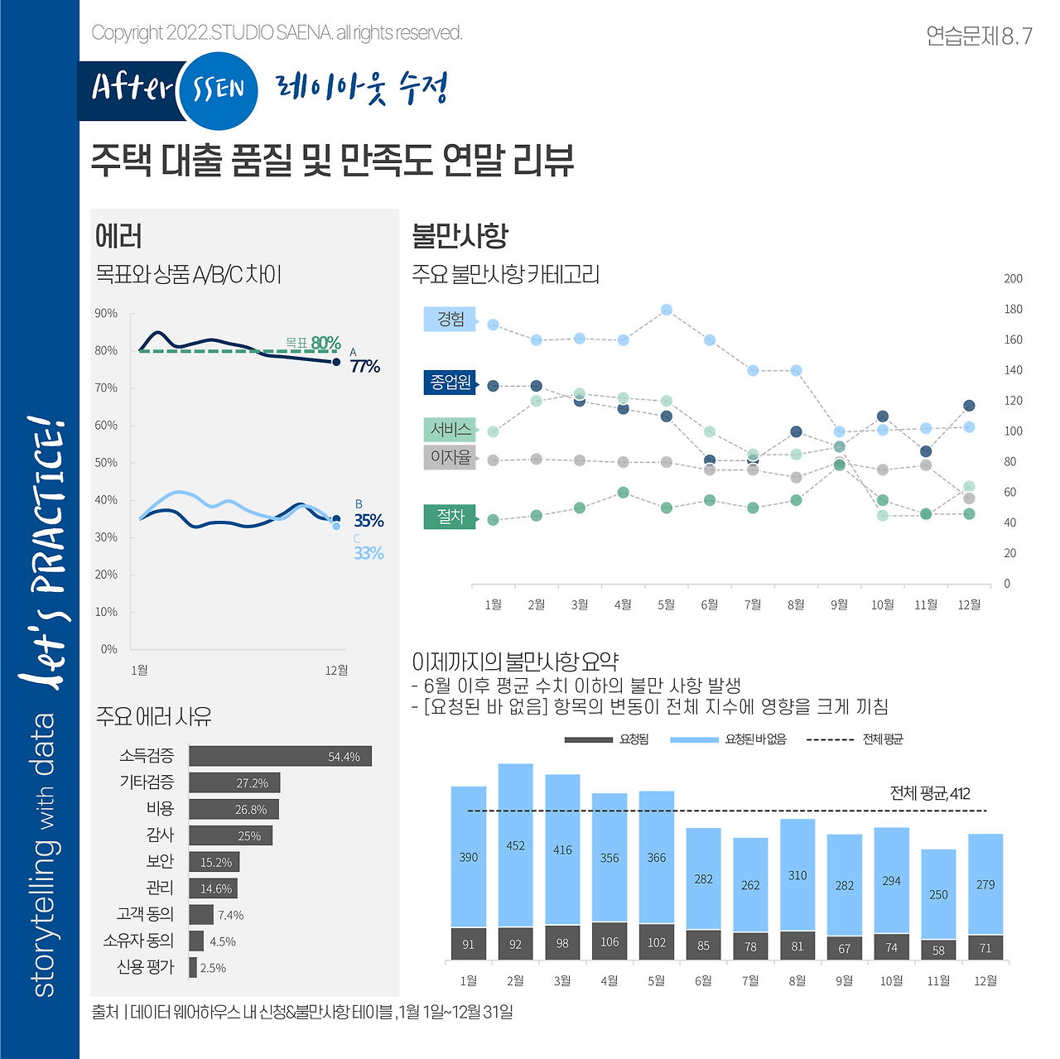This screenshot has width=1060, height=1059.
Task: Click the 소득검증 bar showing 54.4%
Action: (x=280, y=756)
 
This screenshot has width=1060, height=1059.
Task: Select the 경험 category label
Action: (x=450, y=320)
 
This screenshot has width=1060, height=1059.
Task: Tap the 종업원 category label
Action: (x=450, y=383)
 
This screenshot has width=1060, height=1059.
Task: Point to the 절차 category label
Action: (x=450, y=517)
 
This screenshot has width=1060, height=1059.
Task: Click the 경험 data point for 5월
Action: (x=667, y=310)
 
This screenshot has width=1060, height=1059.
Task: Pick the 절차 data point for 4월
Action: (x=624, y=493)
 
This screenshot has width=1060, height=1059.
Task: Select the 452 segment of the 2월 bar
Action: (x=515, y=845)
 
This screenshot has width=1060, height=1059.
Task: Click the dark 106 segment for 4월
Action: (x=609, y=941)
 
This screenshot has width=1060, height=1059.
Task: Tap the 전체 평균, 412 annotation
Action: (x=930, y=793)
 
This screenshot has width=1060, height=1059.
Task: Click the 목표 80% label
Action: (x=313, y=343)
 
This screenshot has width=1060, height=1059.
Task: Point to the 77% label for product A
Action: (x=365, y=366)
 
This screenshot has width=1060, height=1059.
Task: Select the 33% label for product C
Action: (x=369, y=553)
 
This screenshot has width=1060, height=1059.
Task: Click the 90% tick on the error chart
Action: (x=106, y=313)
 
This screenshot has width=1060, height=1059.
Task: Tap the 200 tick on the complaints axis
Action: (x=1013, y=279)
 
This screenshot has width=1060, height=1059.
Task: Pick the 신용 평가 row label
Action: (x=146, y=967)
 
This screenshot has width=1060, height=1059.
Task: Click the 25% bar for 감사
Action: (x=230, y=835)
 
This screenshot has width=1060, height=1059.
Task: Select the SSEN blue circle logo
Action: (x=218, y=89)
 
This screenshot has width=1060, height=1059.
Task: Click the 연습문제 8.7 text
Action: (x=979, y=36)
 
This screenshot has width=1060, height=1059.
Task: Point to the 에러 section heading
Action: (x=119, y=237)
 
